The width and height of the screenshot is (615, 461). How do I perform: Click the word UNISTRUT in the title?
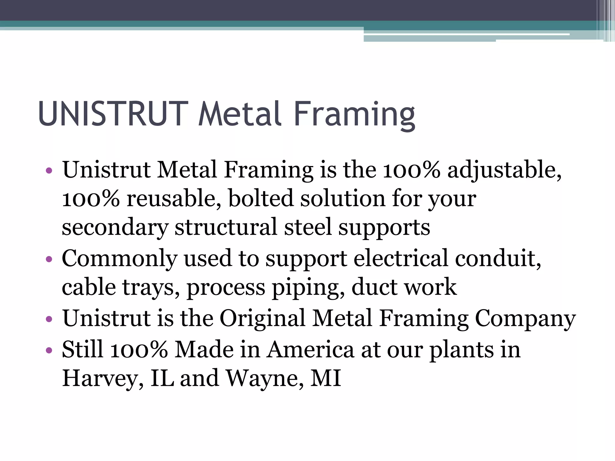point(113,114)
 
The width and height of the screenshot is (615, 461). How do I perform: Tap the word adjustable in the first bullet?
point(503,170)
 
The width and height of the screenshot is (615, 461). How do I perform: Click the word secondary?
point(114,227)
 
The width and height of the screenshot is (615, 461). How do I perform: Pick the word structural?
point(226,227)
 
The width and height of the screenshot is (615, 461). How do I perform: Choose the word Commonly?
point(119,259)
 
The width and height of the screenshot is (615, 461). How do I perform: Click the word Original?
point(262,319)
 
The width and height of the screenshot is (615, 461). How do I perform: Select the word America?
point(310,350)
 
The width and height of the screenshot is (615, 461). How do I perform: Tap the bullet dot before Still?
point(49,350)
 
